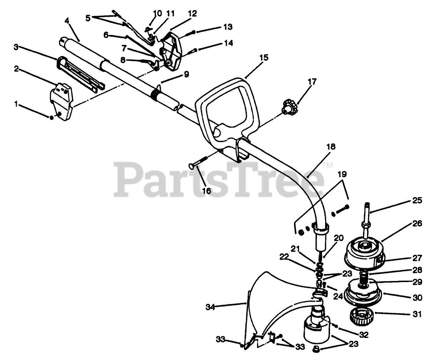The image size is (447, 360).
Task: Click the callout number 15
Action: click(264, 58)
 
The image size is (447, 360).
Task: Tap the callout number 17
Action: click(312, 82)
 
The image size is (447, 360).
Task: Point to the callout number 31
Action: click(417, 314)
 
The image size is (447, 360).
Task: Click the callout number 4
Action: click(67, 21)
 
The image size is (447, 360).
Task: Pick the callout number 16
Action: click(206, 191)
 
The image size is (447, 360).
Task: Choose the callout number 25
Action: click(417, 201)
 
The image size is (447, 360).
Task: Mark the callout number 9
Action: click(186, 74)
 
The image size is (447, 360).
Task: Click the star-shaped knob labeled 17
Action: click(288, 106)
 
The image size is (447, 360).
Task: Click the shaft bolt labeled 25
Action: click(367, 215)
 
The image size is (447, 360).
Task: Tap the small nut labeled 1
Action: click(52, 117)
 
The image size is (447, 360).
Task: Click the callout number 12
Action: click(192, 14)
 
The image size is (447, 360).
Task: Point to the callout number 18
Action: click(331, 147)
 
